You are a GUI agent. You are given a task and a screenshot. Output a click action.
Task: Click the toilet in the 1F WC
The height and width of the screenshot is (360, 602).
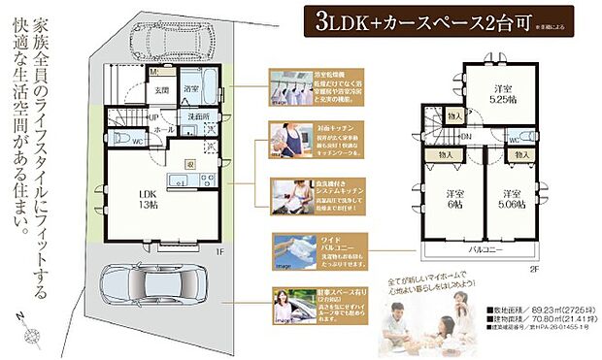point(118,139)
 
